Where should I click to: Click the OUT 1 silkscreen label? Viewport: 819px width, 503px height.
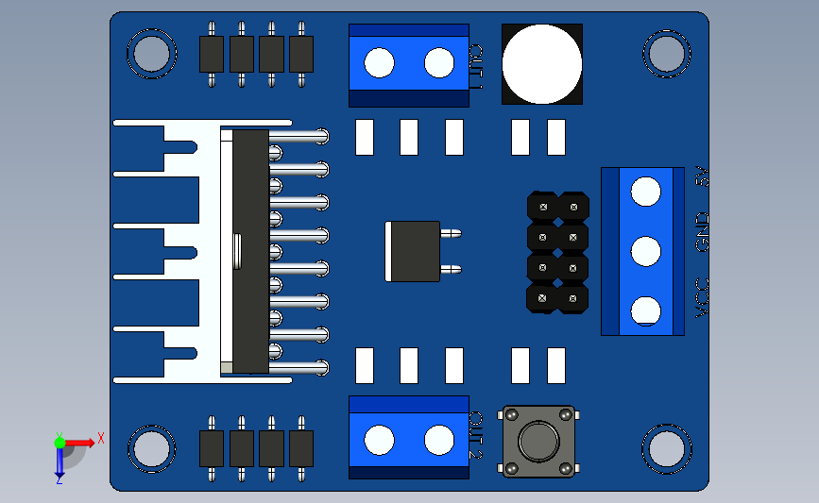tap(476, 67)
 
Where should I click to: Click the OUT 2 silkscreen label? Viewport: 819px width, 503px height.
tap(476, 435)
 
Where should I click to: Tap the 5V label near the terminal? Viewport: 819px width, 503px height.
tap(703, 176)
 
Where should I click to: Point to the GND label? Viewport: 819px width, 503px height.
tap(703, 231)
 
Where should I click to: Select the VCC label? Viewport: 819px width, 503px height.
tap(703, 298)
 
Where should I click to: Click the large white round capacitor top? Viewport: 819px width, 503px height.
tap(541, 64)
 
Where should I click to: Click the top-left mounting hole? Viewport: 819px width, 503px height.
tap(151, 54)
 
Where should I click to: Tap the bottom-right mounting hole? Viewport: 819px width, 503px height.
tap(667, 448)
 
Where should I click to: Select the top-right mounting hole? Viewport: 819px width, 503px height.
tap(667, 54)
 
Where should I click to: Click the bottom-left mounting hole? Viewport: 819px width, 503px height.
tap(151, 448)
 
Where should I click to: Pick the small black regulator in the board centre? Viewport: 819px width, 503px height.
tap(413, 251)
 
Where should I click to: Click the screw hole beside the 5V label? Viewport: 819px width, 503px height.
tap(645, 192)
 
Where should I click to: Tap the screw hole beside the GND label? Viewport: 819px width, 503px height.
tap(645, 251)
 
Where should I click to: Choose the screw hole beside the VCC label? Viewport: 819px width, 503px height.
tap(645, 311)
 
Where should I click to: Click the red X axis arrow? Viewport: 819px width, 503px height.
tap(79, 443)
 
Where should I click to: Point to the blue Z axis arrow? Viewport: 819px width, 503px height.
tap(60, 462)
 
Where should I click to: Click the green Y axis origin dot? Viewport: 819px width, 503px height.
tap(60, 443)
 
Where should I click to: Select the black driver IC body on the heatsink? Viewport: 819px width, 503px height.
tap(250, 251)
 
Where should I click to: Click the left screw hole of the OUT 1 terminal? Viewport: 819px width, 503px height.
tap(379, 62)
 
